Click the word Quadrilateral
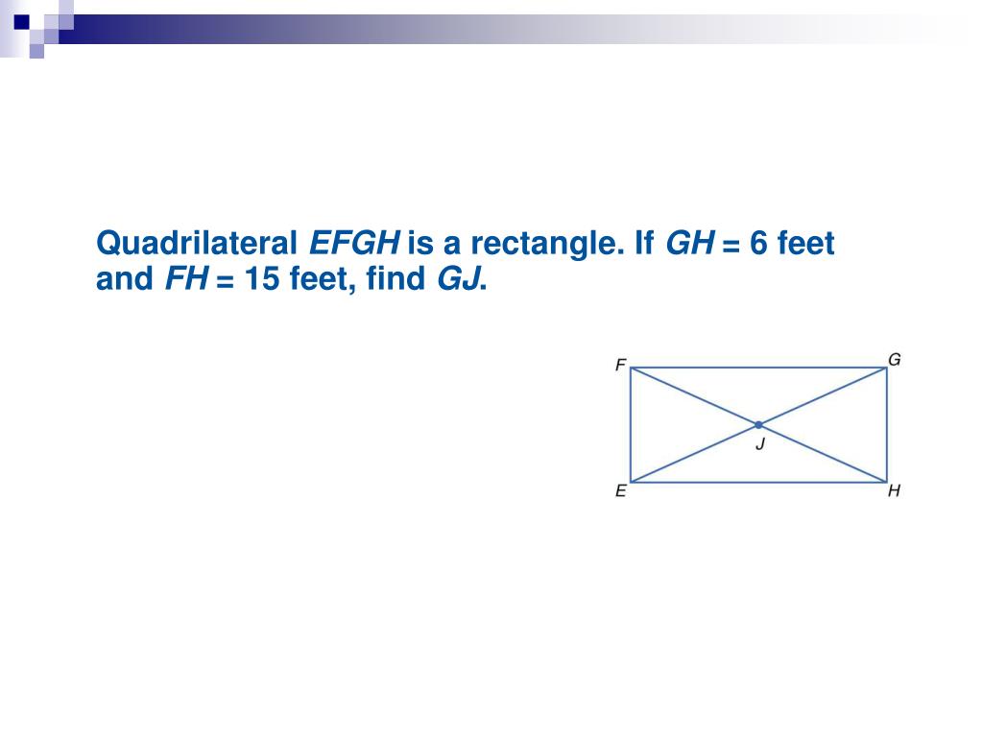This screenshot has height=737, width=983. point(197,245)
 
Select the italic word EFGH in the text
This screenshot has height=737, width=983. point(354,245)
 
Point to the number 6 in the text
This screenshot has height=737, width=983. point(759,245)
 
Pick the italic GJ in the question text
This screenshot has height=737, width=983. point(459,281)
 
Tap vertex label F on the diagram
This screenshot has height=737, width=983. point(620,365)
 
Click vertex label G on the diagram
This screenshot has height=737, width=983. point(894,360)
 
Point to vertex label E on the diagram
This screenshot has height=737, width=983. point(620,491)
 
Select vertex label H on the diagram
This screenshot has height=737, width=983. point(894,491)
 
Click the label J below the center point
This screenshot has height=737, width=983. point(759,444)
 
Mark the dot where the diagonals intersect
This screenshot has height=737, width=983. point(758,424)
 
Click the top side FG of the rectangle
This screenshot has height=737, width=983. point(758,367)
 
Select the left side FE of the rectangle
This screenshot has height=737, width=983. point(631,424)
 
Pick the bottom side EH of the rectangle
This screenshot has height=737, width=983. point(758,482)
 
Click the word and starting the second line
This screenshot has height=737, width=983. point(125,281)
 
